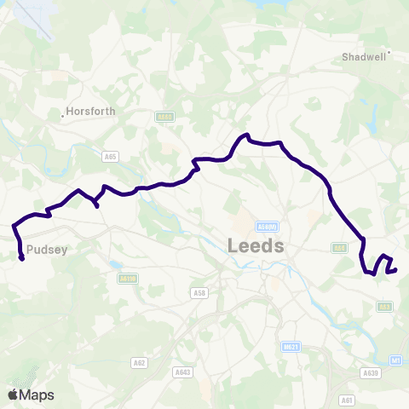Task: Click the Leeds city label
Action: pyautogui.click(x=256, y=246)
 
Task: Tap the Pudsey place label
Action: pyautogui.click(x=41, y=251)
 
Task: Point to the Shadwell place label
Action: pyautogui.click(x=364, y=58)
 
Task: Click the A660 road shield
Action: pyautogui.click(x=164, y=117)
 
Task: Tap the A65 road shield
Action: pyautogui.click(x=109, y=157)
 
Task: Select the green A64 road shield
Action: pyautogui.click(x=339, y=248)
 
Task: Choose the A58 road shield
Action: pyautogui.click(x=200, y=293)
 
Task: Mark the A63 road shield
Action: pyautogui.click(x=384, y=307)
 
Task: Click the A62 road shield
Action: pyautogui.click(x=139, y=362)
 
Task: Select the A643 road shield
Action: pyautogui.click(x=181, y=372)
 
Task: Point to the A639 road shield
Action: pyautogui.click(x=369, y=372)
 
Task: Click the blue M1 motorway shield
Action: pyautogui.click(x=397, y=360)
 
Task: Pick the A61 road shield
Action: pyautogui.click(x=345, y=399)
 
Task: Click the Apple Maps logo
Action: pyautogui.click(x=32, y=395)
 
